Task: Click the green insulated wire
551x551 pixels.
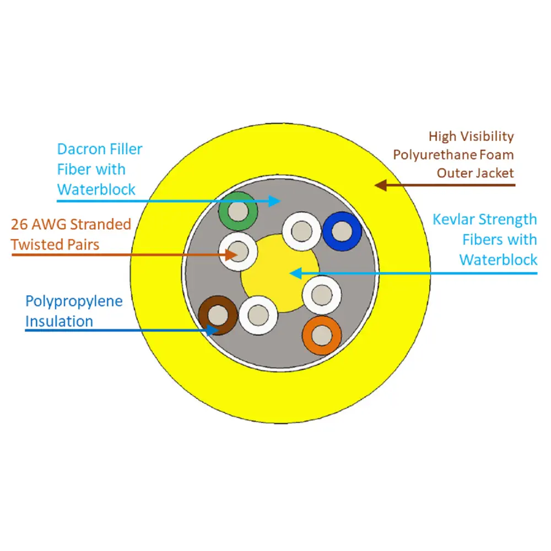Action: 238,211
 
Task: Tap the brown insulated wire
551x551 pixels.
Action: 218,315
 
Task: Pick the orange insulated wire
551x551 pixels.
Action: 322,335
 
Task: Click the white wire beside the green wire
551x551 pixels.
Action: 238,252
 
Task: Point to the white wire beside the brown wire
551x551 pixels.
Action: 258,315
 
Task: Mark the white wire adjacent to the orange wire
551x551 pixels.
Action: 322,295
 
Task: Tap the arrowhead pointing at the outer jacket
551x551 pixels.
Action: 380,185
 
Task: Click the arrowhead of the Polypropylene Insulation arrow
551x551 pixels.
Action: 212,330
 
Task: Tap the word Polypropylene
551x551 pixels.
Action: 74,301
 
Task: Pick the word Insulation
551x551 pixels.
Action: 59,321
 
